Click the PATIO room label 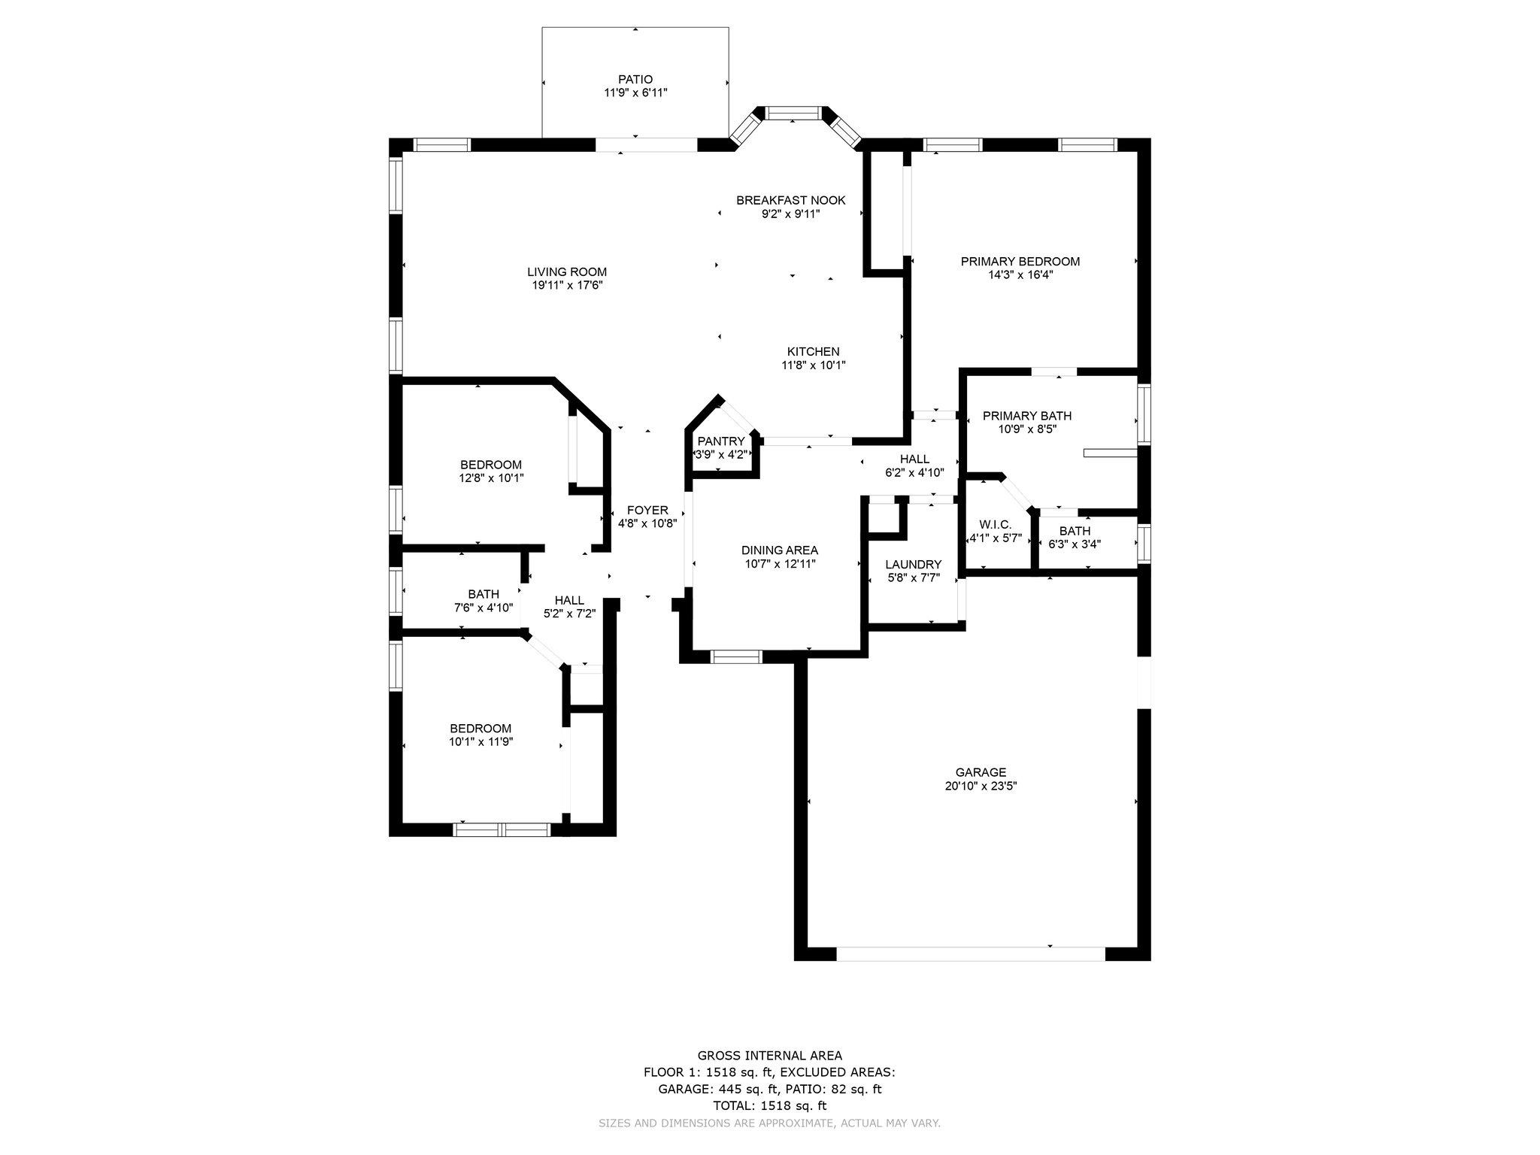click(x=635, y=80)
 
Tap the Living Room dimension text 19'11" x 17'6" click(x=567, y=286)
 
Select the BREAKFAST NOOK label click(x=791, y=201)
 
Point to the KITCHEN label click(x=814, y=352)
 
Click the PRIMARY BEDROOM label click(x=1020, y=262)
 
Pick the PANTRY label click(x=721, y=441)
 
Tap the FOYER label click(x=647, y=511)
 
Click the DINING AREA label click(x=780, y=550)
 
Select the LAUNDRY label click(x=914, y=565)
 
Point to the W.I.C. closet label click(x=995, y=525)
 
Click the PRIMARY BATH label click(x=1027, y=416)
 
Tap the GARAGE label click(x=981, y=772)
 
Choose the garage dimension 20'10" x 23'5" click(x=981, y=786)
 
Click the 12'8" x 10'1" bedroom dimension click(x=491, y=478)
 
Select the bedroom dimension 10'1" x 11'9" click(x=481, y=742)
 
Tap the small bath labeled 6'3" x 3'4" click(x=1075, y=538)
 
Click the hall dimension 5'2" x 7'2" click(x=570, y=614)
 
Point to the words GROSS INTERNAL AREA click(x=770, y=1056)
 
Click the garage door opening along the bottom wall click(x=971, y=953)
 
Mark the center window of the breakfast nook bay click(x=794, y=114)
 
